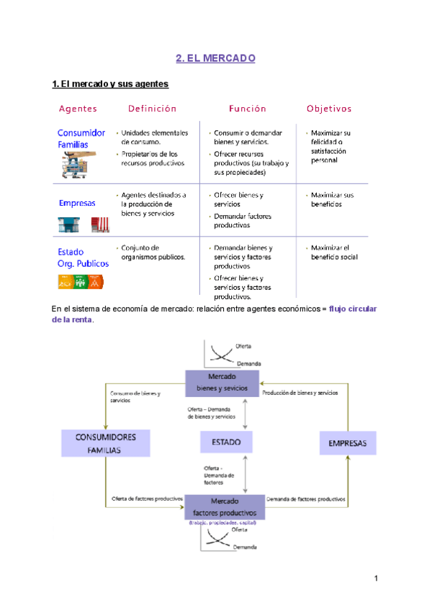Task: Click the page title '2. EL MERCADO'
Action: (216, 58)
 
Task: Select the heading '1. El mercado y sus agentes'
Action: (111, 84)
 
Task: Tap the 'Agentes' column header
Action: (78, 109)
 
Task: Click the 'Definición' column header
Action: (152, 109)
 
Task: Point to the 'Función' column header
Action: (248, 109)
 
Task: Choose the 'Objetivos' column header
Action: (329, 109)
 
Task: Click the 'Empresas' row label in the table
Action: (77, 203)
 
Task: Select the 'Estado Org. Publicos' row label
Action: (83, 258)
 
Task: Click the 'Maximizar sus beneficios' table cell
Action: (333, 199)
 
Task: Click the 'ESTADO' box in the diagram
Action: (221, 442)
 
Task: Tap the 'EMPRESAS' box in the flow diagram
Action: (348, 442)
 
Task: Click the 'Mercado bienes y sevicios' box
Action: (222, 382)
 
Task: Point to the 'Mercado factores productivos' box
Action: (225, 506)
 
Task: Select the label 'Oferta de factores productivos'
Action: (146, 499)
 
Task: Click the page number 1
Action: (376, 578)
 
